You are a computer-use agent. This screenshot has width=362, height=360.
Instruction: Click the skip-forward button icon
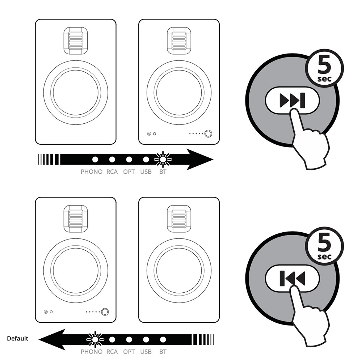(292, 100)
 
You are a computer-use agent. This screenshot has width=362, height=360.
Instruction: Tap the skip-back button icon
(292, 278)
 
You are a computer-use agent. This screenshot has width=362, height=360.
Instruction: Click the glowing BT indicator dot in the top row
(163, 160)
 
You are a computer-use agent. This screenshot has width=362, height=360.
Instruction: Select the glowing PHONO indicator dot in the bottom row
(95, 339)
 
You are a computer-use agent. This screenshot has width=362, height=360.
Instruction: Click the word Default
(17, 339)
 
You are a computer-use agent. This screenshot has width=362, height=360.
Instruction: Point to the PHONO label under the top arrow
(92, 172)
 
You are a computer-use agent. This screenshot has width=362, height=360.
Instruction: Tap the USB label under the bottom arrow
(146, 352)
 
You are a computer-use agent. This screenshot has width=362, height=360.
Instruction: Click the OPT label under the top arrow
(129, 172)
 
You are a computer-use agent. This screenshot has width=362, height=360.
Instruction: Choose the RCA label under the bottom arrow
(112, 352)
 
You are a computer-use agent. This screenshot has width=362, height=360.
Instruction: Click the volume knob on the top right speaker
(208, 134)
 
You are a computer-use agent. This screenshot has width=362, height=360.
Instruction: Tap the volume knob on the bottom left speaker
(105, 312)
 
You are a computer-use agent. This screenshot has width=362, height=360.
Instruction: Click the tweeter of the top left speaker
(76, 41)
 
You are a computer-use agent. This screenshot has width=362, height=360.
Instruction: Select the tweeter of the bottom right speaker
(179, 219)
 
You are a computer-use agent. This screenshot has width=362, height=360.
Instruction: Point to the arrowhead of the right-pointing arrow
(200, 160)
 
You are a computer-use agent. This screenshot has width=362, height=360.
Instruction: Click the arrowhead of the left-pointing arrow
(52, 339)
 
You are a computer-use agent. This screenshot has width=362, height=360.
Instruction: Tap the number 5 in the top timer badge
(324, 65)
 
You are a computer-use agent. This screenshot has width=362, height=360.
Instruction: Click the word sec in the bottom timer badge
(324, 257)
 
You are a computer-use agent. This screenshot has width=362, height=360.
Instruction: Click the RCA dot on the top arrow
(112, 160)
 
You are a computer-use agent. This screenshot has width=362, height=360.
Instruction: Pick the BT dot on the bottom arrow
(163, 339)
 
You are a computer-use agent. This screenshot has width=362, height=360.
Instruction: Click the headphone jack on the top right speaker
(149, 134)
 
